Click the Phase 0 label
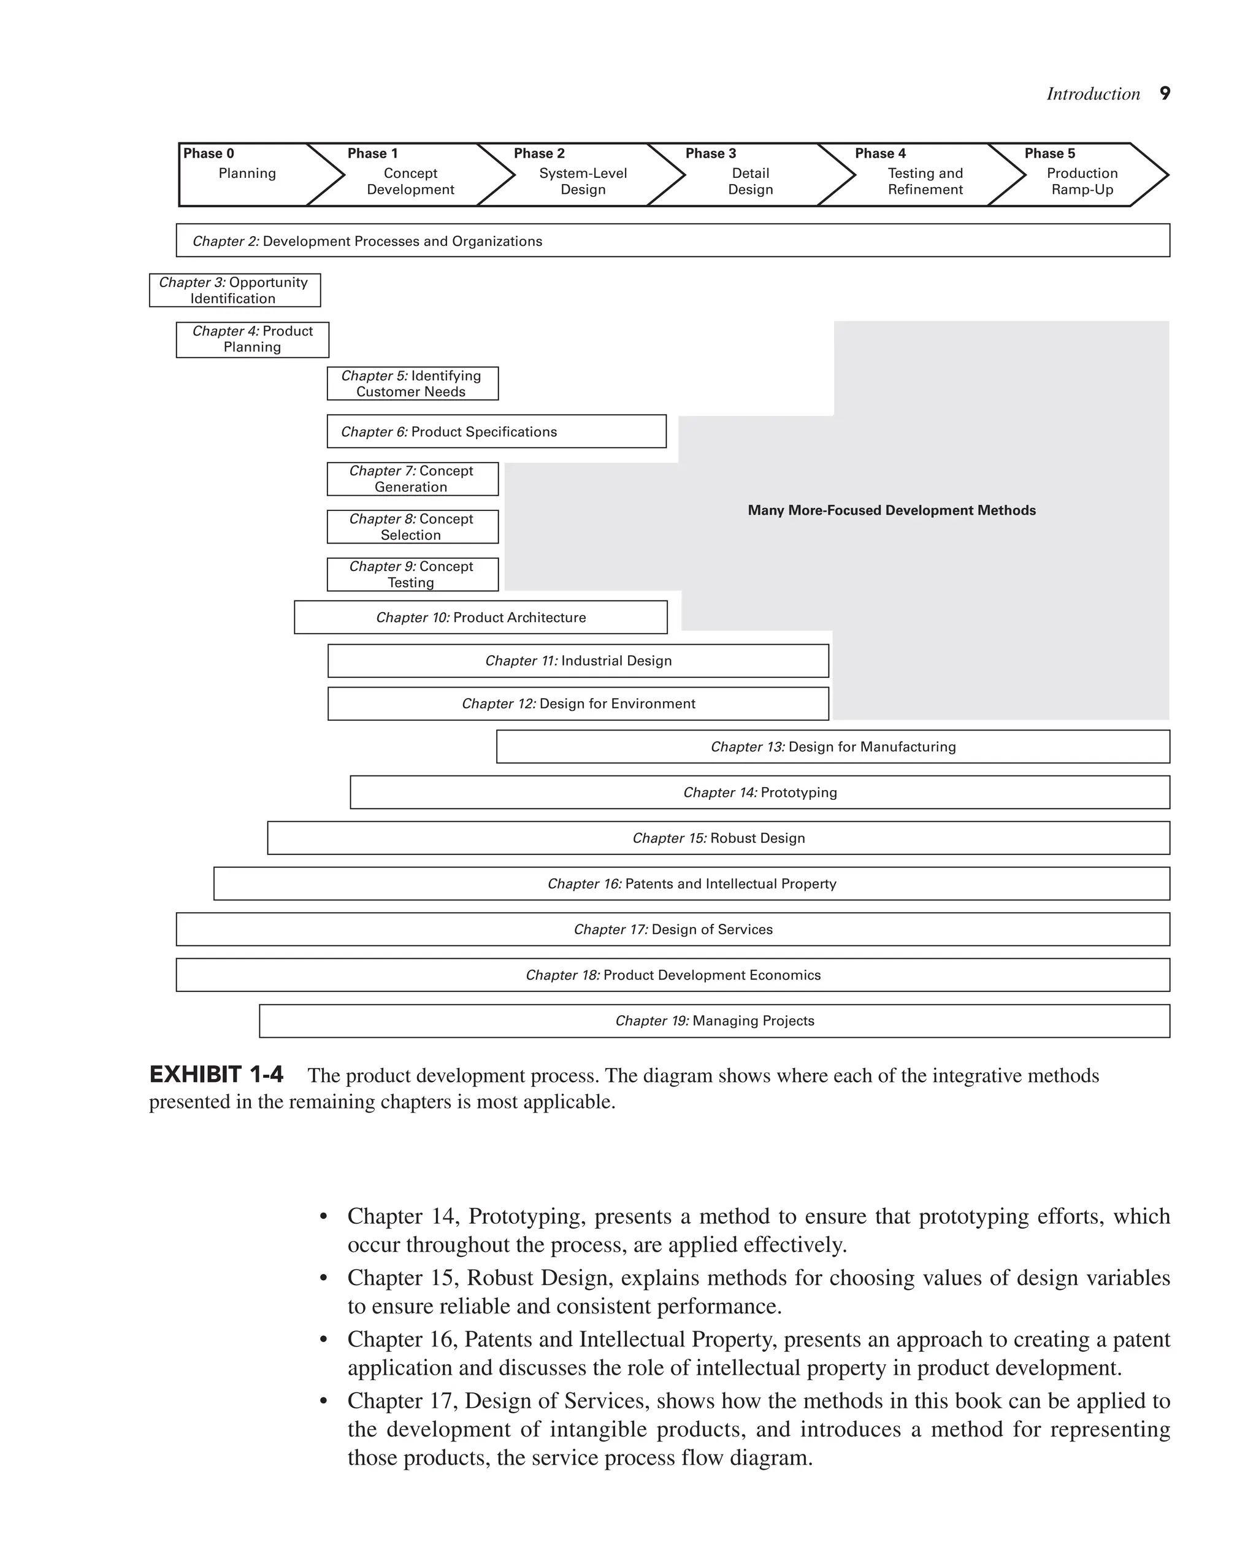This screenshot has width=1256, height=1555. pyautogui.click(x=209, y=153)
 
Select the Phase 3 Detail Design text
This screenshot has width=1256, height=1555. pyautogui.click(x=750, y=181)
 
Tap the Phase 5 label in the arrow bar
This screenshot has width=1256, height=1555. pyautogui.click(x=1049, y=153)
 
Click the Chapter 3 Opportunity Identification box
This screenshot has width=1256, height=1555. pyautogui.click(x=234, y=290)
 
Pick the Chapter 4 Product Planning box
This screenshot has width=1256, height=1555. pyautogui.click(x=253, y=339)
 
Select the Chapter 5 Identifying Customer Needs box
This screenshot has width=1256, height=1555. pyautogui.click(x=412, y=383)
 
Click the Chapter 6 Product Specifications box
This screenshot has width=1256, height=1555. pyautogui.click(x=496, y=431)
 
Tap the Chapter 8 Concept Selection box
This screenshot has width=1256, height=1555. pyautogui.click(x=412, y=527)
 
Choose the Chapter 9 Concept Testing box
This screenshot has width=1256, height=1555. pyautogui.click(x=412, y=575)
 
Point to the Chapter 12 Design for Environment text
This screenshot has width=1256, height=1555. pyautogui.click(x=578, y=704)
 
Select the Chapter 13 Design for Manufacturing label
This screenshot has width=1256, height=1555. pyautogui.click(x=833, y=747)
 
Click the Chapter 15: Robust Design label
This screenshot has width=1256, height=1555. pyautogui.click(x=718, y=838)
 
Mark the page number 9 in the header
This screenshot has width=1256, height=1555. pyautogui.click(x=1165, y=93)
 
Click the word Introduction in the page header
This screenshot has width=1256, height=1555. pyautogui.click(x=1092, y=94)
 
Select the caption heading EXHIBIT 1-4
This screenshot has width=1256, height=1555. pyautogui.click(x=216, y=1075)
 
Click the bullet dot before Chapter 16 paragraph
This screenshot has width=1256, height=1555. pyautogui.click(x=324, y=1341)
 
